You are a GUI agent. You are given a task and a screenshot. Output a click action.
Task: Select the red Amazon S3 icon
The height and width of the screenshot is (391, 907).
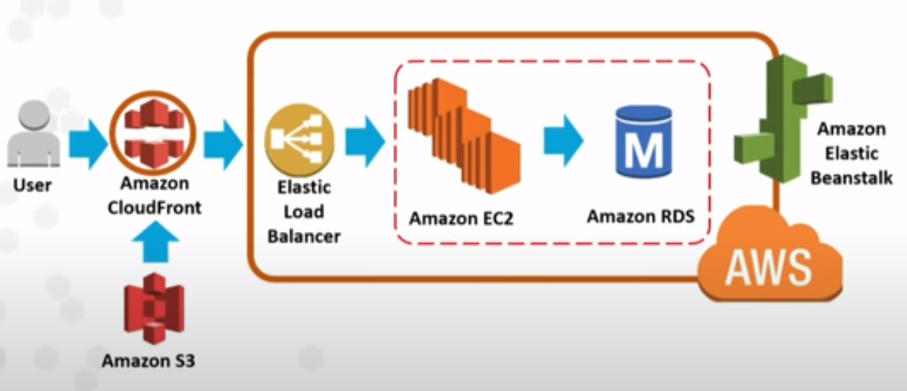(x=154, y=308)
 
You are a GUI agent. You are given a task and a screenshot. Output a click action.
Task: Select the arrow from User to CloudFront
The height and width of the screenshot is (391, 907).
(x=88, y=143)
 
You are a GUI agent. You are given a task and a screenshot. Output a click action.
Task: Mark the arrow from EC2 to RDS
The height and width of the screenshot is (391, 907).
(x=564, y=140)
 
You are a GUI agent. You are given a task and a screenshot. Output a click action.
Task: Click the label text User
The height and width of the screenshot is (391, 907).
(x=32, y=184)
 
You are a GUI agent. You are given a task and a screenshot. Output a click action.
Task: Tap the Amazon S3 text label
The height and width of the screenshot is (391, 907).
(x=149, y=361)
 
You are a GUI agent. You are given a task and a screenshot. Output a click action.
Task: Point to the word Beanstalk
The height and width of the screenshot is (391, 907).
(x=851, y=178)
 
